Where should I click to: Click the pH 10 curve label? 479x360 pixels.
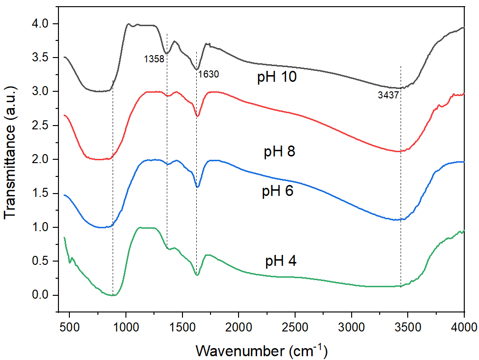tap(277, 77)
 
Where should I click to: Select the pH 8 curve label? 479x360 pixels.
tap(279, 152)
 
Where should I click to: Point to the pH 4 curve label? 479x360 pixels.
tap(280, 261)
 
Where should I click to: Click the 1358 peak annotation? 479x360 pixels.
tap(153, 59)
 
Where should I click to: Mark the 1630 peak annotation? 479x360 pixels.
tap(209, 74)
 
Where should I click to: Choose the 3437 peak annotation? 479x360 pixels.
tap(388, 95)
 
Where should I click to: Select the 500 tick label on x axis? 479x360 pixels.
tap(69, 328)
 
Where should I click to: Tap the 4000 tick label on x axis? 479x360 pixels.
tap(463, 328)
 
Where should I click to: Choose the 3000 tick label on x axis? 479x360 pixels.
tap(352, 328)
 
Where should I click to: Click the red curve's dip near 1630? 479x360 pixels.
tap(198, 116)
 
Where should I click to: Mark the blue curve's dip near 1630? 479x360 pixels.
tap(198, 186)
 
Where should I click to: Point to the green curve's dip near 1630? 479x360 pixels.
tap(197, 274)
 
